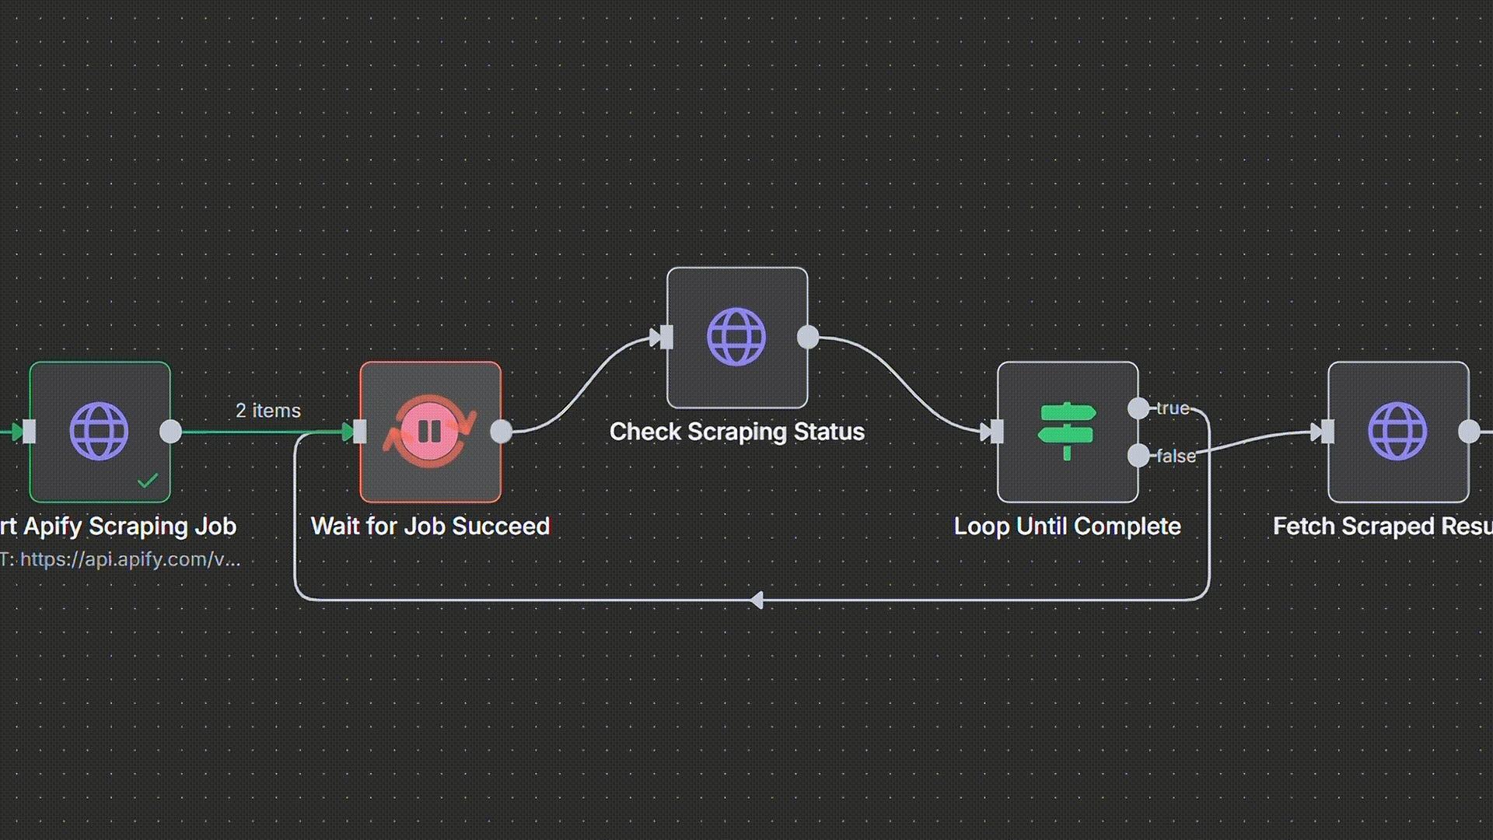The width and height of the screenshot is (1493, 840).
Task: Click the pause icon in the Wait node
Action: [x=430, y=431]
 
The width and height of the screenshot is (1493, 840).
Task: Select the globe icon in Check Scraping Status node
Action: [x=736, y=337]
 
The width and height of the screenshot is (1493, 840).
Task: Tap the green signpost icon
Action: [x=1067, y=431]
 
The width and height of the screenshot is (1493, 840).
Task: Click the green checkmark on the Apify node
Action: [x=147, y=481]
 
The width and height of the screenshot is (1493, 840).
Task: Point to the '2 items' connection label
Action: [x=268, y=411]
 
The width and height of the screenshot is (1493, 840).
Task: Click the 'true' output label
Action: [x=1173, y=408]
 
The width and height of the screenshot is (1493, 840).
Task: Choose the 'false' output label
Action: [x=1176, y=456]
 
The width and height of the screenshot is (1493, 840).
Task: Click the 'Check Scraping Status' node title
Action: [x=736, y=432]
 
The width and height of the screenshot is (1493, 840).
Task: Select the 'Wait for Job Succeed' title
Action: [x=430, y=526]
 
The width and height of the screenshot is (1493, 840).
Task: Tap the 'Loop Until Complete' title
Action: [x=1067, y=526]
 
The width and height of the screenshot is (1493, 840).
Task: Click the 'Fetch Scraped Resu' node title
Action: [x=1383, y=526]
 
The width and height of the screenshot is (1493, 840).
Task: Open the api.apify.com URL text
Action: [x=130, y=559]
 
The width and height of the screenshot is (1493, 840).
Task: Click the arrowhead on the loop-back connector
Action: [x=757, y=600]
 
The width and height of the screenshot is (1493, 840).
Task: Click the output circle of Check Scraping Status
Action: [x=808, y=337]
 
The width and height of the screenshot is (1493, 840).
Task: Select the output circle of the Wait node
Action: [x=502, y=431]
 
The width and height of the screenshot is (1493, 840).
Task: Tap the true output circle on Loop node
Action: [x=1138, y=408]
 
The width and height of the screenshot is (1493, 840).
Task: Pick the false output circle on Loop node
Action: [x=1138, y=456]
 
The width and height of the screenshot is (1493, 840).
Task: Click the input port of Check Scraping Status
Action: [x=666, y=337]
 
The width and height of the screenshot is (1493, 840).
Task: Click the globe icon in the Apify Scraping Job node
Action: [x=99, y=431]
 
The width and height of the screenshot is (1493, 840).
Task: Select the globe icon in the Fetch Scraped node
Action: [x=1397, y=431]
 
